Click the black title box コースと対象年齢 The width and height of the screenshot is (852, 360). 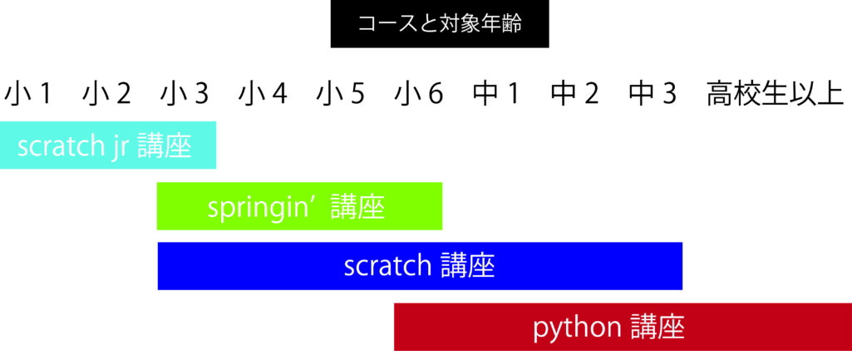click(x=440, y=24)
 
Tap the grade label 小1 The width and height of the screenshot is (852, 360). click(x=27, y=95)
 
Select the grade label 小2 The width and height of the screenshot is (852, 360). click(x=106, y=95)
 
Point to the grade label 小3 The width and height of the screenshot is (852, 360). click(x=185, y=95)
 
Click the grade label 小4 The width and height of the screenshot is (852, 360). click(x=263, y=95)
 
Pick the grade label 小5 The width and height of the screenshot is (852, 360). click(x=341, y=95)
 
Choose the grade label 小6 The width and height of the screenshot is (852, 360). click(x=419, y=95)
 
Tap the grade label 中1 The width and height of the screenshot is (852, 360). click(x=496, y=95)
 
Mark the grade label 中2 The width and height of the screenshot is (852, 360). click(x=575, y=95)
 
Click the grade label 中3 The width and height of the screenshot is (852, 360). click(x=653, y=95)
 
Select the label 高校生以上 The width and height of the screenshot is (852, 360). click(x=776, y=95)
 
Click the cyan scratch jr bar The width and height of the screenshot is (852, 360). click(x=108, y=145)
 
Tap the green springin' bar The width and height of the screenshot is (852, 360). click(x=299, y=206)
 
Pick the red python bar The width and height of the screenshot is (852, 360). click(x=623, y=327)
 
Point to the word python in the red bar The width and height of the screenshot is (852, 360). click(x=577, y=328)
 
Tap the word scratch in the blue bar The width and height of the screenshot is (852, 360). click(x=387, y=266)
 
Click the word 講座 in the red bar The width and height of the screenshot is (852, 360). click(x=657, y=327)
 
